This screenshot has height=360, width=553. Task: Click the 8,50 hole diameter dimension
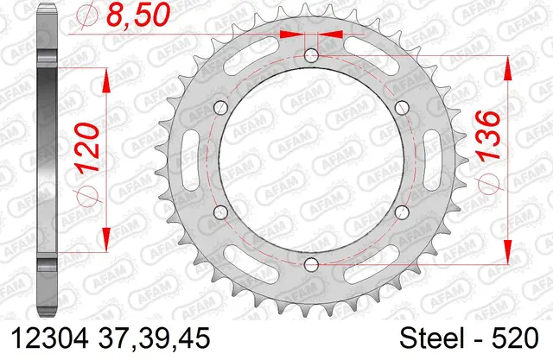click(x=138, y=15)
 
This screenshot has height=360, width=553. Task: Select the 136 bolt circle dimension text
click(x=487, y=136)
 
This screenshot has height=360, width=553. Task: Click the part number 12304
click(x=50, y=338)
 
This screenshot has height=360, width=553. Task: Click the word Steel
click(x=431, y=338)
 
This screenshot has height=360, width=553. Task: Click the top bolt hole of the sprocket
click(x=311, y=54)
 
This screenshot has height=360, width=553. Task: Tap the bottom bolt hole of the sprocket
click(x=311, y=264)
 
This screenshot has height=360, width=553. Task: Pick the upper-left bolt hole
click(x=221, y=107)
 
